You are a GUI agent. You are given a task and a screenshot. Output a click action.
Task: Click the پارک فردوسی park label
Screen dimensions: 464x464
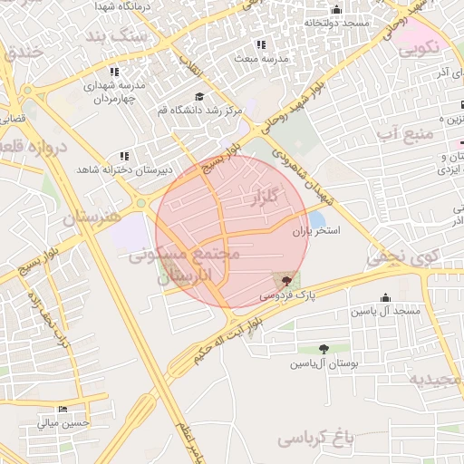282,296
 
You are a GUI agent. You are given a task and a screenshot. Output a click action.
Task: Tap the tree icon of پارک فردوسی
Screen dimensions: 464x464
287,281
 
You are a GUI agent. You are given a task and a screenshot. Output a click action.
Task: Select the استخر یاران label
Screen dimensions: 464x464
316,232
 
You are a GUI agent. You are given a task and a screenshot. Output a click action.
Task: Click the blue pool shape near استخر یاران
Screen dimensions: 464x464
316,219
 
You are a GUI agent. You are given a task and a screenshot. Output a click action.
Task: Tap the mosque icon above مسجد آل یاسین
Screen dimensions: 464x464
385,297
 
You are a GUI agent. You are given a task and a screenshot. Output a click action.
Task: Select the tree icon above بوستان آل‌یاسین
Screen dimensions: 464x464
324,349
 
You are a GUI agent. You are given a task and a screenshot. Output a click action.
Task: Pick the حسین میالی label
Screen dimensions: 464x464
63,421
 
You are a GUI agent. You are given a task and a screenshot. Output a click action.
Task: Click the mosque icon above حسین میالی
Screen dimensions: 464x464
62,408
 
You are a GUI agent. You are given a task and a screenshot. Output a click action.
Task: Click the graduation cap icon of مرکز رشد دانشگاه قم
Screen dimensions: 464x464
198,96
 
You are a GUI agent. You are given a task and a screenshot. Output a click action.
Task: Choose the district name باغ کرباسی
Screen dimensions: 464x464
313,439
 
